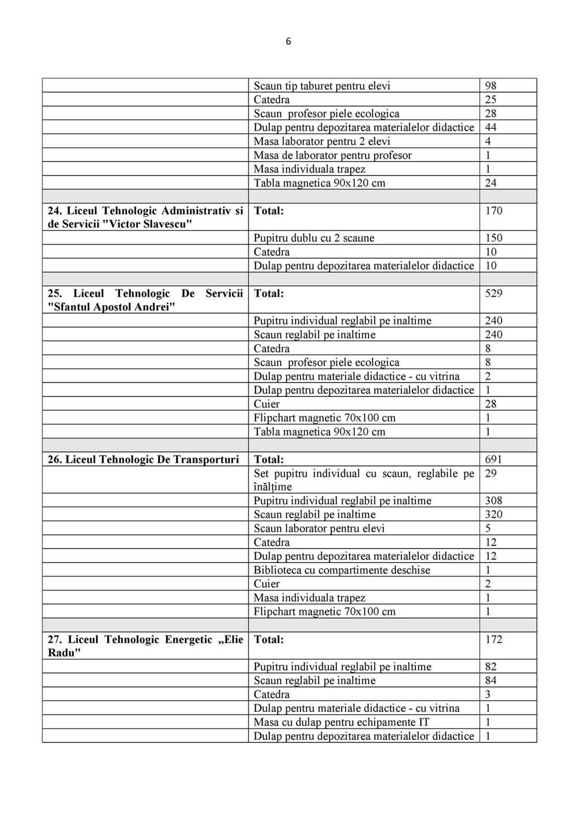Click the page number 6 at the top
pyautogui.click(x=288, y=41)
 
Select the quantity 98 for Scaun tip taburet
pyautogui.click(x=490, y=86)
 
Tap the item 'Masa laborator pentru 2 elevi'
pyautogui.click(x=322, y=141)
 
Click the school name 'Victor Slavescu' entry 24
pyautogui.click(x=145, y=217)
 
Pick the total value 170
pyautogui.click(x=493, y=210)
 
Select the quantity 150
pyautogui.click(x=493, y=237)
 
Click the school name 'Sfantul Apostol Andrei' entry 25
pyautogui.click(x=145, y=300)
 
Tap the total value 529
pyautogui.click(x=493, y=293)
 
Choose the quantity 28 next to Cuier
pyautogui.click(x=490, y=404)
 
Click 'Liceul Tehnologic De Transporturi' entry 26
pyautogui.click(x=143, y=459)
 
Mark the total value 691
pyautogui.click(x=493, y=459)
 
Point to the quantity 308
pyautogui.click(x=493, y=500)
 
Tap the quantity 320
pyautogui.click(x=493, y=514)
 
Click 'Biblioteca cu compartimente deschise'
pyautogui.click(x=342, y=570)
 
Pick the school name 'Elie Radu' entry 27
pyautogui.click(x=145, y=646)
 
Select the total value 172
pyautogui.click(x=493, y=639)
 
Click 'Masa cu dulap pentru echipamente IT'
pyautogui.click(x=341, y=722)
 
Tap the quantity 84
pyautogui.click(x=490, y=680)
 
